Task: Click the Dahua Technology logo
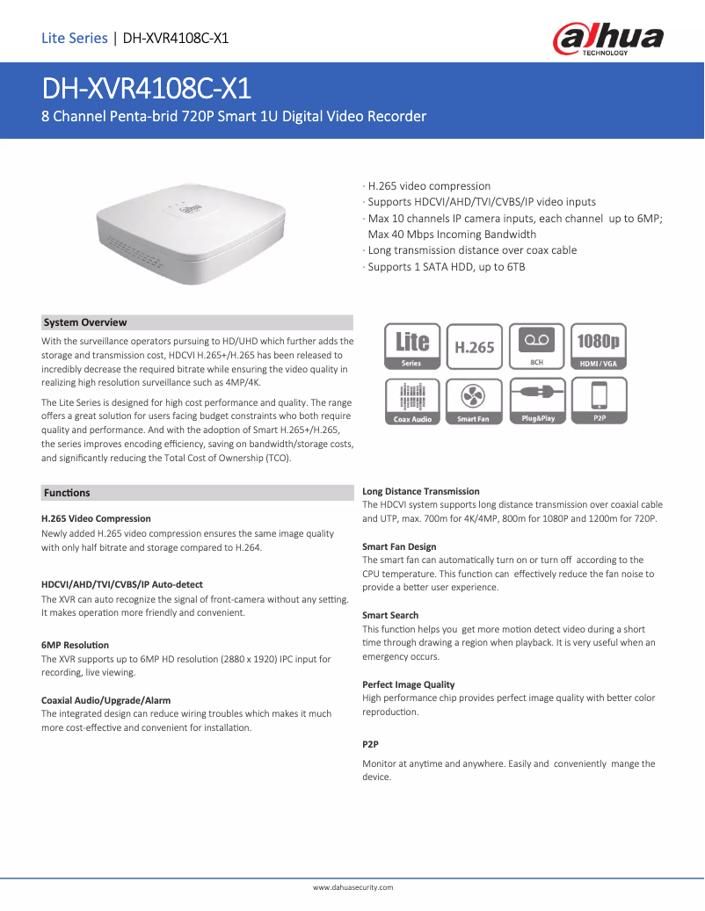coord(607,39)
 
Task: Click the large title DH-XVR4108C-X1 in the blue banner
coord(148,89)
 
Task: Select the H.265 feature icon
coord(474,346)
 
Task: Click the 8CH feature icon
coord(536,346)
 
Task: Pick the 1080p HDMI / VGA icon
coord(599,346)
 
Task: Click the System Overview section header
coord(85,322)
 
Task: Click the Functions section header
coord(67,493)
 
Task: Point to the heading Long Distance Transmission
coord(421,491)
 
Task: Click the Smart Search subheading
coord(390,615)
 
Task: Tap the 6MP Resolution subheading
coord(76,645)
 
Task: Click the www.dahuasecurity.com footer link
coord(352,887)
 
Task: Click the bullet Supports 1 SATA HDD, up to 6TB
coord(446,266)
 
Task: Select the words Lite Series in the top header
coord(74,38)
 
